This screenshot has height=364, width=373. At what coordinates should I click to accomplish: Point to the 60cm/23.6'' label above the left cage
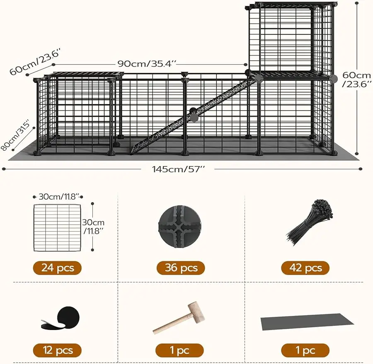click(x=35, y=61)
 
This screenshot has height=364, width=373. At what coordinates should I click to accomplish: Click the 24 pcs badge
click(x=57, y=268)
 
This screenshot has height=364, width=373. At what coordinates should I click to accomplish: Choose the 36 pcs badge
click(x=181, y=268)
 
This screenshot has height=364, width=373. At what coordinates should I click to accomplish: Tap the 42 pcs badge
click(x=305, y=268)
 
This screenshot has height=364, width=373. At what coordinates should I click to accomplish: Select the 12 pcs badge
click(x=57, y=350)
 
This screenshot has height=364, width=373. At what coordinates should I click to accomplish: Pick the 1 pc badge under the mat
click(x=305, y=350)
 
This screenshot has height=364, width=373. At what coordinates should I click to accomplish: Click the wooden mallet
click(x=178, y=317)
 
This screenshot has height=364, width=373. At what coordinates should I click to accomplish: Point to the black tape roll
click(x=58, y=318)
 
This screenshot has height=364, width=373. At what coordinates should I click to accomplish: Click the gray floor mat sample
click(x=307, y=321)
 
